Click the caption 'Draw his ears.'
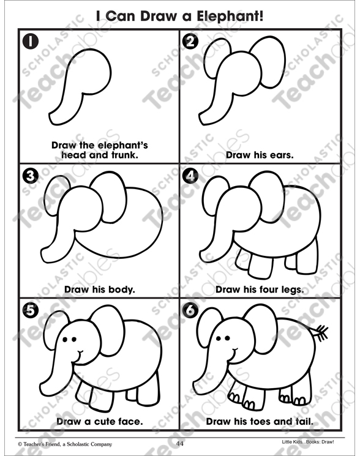pos(260,155)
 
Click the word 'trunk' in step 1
pos(121,155)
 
